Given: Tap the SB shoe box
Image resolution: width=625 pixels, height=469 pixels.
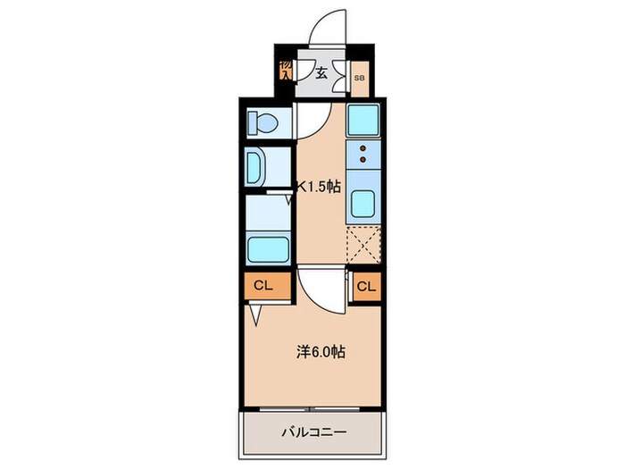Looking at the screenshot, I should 359,80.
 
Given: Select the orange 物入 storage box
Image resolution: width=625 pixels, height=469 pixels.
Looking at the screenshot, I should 285,71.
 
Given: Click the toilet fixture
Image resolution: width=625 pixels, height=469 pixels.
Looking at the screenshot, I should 264,121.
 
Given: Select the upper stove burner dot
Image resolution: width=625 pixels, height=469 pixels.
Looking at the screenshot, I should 363,149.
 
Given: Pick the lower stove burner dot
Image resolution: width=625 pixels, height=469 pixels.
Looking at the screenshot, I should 363,161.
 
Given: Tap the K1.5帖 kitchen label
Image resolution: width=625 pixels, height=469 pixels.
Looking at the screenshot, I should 319,187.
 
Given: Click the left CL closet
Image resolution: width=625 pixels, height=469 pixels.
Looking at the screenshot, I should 263,287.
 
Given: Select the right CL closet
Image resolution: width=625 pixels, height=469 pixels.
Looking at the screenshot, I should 366,287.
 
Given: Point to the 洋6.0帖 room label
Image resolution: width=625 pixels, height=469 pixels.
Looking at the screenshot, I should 321,352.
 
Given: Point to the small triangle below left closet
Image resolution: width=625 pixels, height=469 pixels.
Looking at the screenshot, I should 257,313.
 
